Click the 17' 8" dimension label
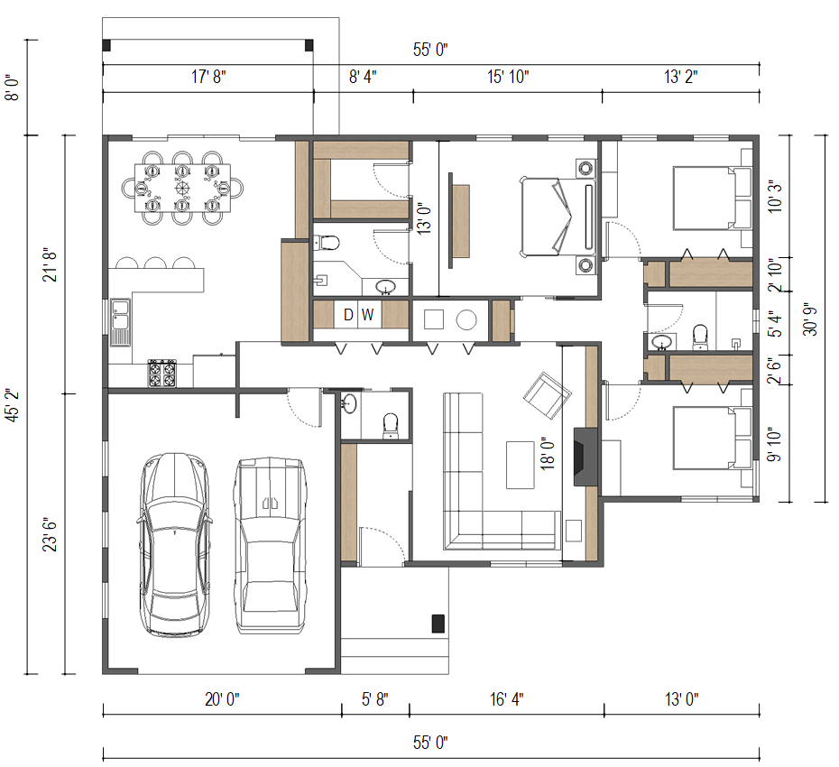208,77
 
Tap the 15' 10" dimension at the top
508,77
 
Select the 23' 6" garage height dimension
50,534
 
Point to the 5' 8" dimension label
375,699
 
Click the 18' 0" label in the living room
547,453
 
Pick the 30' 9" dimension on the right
809,319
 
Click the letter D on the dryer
348,315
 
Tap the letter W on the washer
367,315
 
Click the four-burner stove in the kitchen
162,373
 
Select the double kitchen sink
120,323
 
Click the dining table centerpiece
182,188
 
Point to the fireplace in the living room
585,457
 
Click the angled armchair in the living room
547,395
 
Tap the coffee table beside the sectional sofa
521,465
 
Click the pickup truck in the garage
271,545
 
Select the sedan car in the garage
174,544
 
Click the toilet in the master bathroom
327,244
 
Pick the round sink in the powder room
349,403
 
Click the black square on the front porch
438,624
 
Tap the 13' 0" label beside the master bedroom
424,218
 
